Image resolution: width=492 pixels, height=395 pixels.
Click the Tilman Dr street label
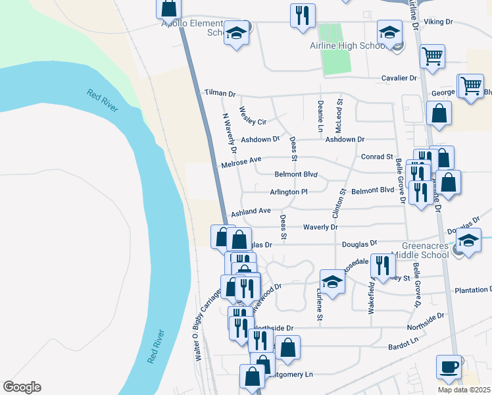[219, 94]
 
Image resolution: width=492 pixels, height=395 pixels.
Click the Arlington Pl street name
[289, 192]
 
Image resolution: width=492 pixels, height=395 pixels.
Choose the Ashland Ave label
[251, 211]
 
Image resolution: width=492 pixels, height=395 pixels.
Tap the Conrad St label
[377, 157]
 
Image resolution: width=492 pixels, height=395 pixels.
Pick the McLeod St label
[340, 115]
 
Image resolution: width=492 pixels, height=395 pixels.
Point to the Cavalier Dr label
[399, 78]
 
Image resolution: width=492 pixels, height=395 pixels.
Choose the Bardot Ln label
[403, 344]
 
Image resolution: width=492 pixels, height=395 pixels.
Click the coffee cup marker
[449, 367]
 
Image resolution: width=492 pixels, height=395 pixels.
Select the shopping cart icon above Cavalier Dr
[432, 57]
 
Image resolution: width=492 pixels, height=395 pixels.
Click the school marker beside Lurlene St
[333, 282]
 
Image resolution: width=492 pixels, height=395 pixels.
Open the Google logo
[22, 387]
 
